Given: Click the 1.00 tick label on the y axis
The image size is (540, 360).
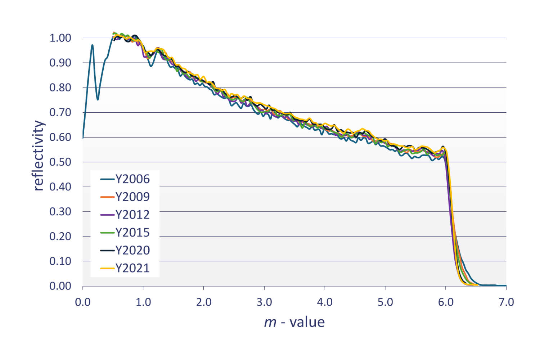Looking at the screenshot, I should [x=60, y=38].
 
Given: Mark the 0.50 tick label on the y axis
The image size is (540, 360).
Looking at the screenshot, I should [x=60, y=162].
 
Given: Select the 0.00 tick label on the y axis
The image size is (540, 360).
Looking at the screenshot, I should [x=60, y=286].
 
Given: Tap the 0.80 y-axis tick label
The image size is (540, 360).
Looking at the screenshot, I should [x=60, y=87].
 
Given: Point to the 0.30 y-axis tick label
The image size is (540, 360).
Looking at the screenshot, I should [x=60, y=212].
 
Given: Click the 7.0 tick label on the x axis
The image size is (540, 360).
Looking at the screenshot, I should [x=506, y=302].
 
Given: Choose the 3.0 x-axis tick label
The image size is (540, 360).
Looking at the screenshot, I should [x=264, y=302].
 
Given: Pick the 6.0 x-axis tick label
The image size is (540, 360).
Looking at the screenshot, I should [x=446, y=302].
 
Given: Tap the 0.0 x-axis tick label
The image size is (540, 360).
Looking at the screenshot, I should [x=83, y=302].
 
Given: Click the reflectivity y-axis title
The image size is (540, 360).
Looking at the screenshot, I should [x=38, y=156].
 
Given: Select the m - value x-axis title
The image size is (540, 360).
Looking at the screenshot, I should [x=294, y=322].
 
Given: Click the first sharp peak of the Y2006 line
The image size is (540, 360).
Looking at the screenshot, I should [x=93, y=45].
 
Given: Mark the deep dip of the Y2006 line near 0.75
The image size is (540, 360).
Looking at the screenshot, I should [x=98, y=99].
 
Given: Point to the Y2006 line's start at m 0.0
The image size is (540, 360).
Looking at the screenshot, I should [x=83, y=137].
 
